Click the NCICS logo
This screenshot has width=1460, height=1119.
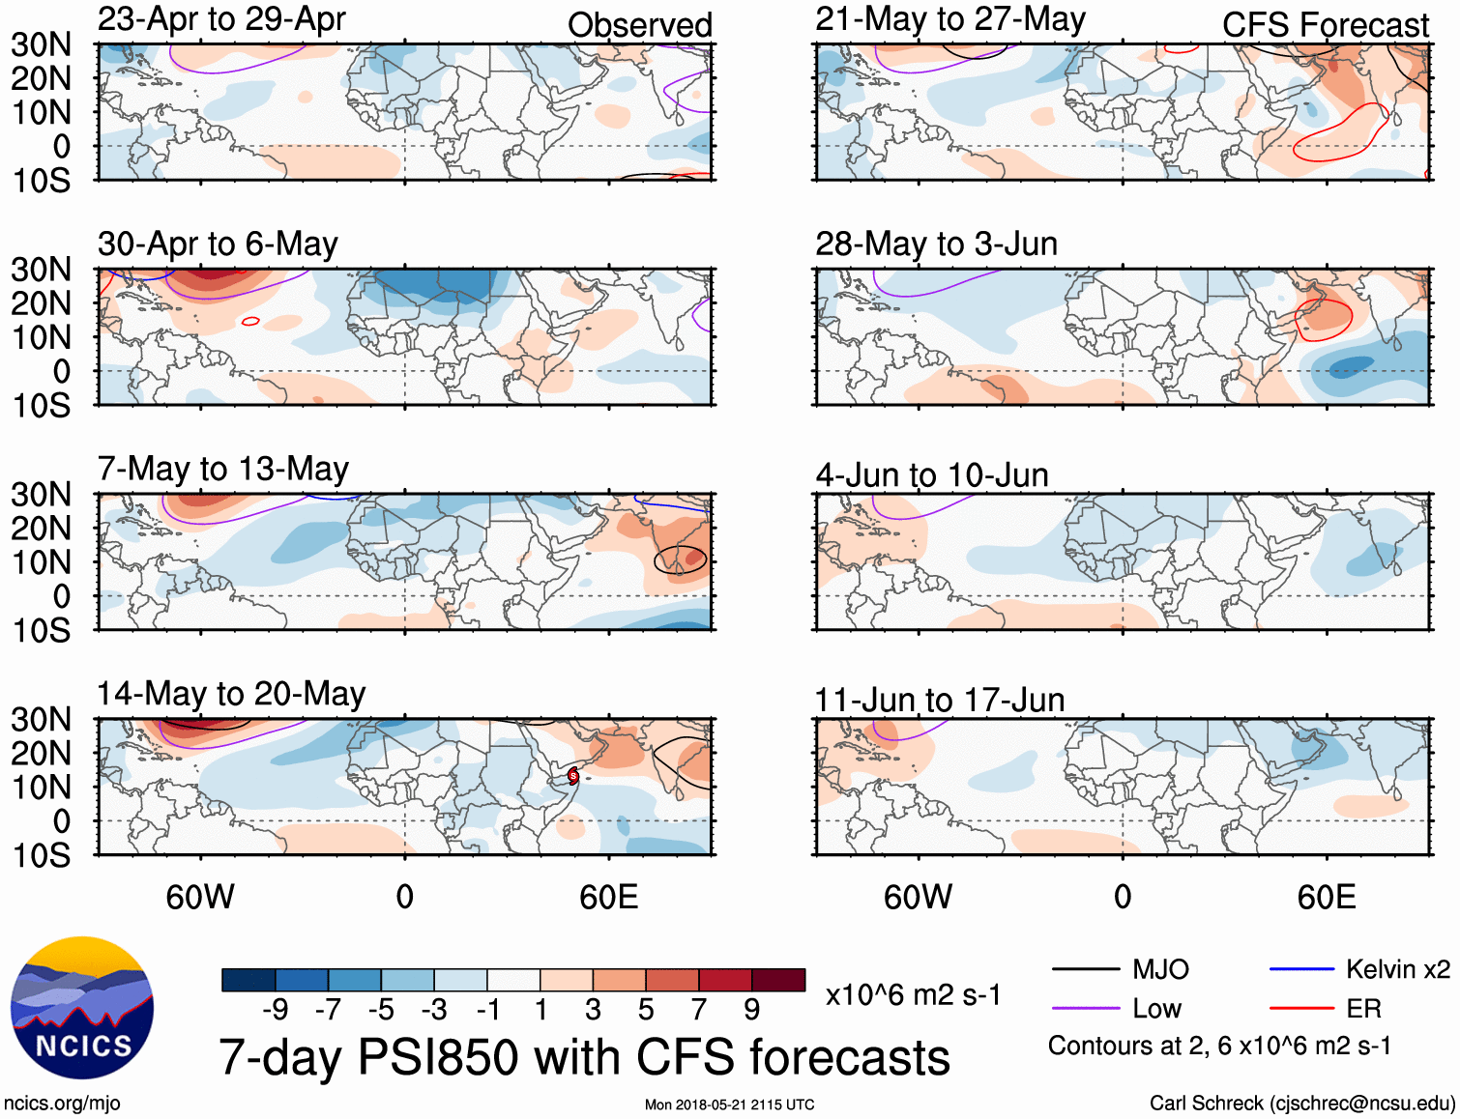point(82,1008)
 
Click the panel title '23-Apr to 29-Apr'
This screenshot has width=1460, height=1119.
point(221,19)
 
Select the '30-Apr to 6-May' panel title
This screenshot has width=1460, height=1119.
point(218,244)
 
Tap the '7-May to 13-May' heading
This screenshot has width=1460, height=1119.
point(223,470)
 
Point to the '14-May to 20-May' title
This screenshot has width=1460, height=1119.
point(231,695)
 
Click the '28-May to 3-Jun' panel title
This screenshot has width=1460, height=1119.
point(936,244)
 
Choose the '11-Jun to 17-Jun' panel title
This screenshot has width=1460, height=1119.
point(939,701)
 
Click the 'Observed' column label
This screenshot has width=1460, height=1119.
point(639,25)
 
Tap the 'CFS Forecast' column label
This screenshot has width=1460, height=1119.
point(1325,25)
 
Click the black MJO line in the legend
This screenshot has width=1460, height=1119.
point(1085,969)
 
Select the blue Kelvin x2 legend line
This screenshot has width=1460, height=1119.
point(1301,969)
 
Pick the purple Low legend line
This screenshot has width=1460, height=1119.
point(1085,1009)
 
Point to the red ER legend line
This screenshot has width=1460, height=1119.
point(1301,1009)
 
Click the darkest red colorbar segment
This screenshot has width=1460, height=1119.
point(778,980)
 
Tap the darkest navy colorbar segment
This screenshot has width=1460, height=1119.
point(248,980)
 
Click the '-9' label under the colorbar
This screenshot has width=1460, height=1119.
point(275,1010)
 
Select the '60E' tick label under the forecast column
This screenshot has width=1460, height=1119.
point(1326,898)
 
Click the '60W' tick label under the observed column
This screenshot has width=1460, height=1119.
point(200,898)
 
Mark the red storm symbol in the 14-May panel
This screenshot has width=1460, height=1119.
point(573,775)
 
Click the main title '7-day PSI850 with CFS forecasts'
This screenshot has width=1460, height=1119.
point(584,1058)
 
